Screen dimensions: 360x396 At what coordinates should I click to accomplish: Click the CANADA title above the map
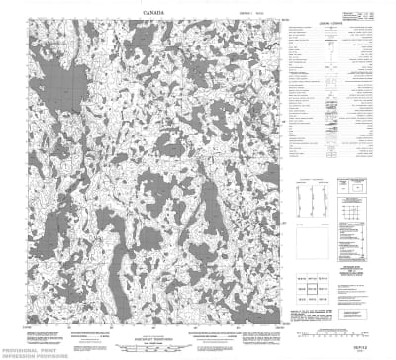153,11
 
